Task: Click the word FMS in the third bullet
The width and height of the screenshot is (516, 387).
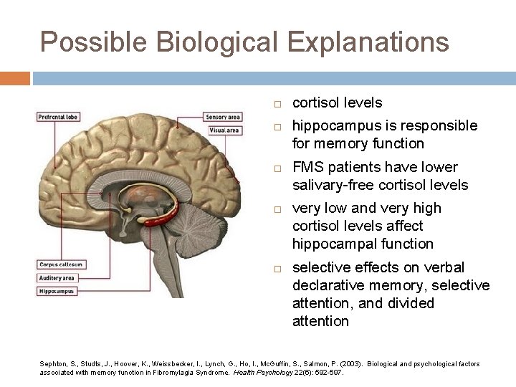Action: pos(309,167)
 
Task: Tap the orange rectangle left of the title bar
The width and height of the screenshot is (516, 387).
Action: pos(14,78)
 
